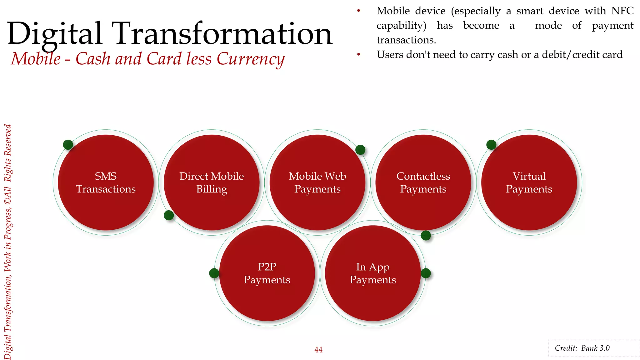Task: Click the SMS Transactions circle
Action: [x=106, y=182]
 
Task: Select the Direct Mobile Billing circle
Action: [x=212, y=182]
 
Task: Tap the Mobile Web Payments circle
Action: [x=317, y=182]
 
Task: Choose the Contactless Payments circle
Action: [x=423, y=182]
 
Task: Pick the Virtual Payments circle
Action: [x=529, y=182]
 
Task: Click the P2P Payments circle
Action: [x=267, y=273]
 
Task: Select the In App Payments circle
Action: [x=373, y=273]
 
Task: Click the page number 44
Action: [x=318, y=350]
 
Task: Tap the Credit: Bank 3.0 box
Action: [x=593, y=348]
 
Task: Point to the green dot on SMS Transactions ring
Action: [x=68, y=145]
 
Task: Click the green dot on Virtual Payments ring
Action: [x=491, y=145]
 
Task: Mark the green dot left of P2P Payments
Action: [x=214, y=273]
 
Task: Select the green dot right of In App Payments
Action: [x=426, y=273]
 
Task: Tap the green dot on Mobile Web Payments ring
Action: [x=360, y=150]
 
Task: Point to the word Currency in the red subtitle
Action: [x=250, y=59]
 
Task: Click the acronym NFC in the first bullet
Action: [x=622, y=11]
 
